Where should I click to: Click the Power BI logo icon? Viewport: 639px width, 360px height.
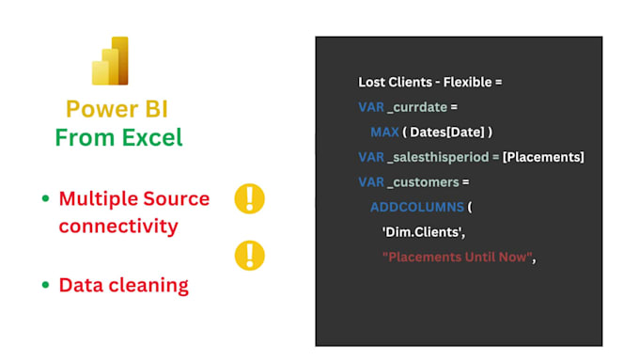109,61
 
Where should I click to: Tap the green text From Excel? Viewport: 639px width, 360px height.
118,138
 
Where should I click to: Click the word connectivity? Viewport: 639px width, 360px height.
118,227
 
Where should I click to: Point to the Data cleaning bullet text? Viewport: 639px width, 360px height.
123,285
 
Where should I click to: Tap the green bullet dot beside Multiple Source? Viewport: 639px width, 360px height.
45,199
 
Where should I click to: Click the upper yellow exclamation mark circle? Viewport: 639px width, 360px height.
249,198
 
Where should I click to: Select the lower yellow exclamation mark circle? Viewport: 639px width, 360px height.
249,255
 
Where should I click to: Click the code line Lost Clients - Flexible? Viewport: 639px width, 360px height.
429,82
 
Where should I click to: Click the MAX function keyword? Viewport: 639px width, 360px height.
385,132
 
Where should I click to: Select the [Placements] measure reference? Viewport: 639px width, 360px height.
543,156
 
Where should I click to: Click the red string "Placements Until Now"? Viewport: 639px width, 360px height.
456,257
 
